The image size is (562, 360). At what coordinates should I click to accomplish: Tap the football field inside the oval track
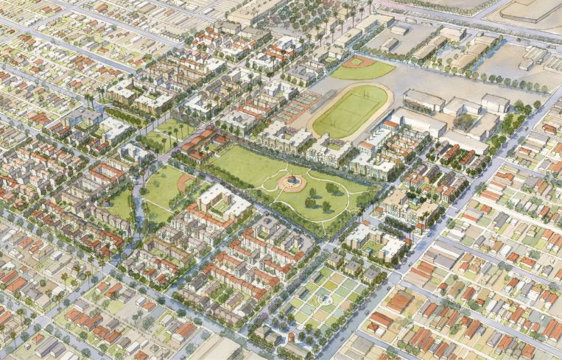tap(351, 111)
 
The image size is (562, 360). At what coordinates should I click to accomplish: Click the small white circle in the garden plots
tap(323, 300)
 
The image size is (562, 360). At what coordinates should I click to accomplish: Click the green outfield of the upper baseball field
tap(365, 71)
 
